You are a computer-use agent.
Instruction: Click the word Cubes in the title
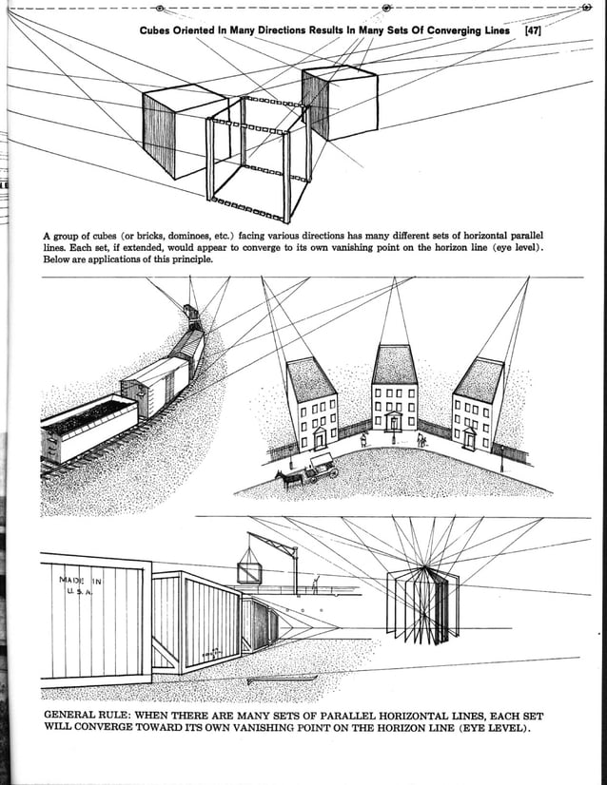(158, 30)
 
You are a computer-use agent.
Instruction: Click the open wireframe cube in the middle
(259, 157)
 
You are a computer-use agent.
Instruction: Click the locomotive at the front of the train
(192, 316)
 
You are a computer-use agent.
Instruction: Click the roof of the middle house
(394, 364)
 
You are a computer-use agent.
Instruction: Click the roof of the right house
(479, 379)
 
